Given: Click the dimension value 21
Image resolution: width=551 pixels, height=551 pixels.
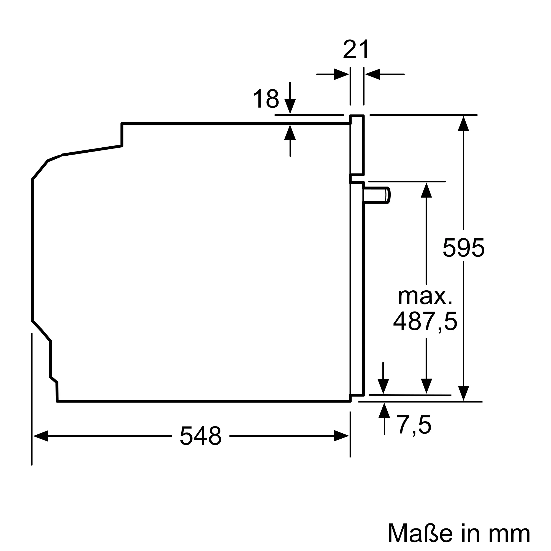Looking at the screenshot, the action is pos(356,49).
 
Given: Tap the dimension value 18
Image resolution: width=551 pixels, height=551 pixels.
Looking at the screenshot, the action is pos(266,98).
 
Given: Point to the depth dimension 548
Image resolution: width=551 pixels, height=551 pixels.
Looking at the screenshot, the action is pos(201,436).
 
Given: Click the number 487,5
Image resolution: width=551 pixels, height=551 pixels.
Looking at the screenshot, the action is pos(425,321).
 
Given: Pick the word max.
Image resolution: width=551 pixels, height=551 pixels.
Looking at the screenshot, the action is pos(425,297).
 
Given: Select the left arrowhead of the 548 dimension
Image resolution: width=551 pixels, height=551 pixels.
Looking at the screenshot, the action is pos(41,436).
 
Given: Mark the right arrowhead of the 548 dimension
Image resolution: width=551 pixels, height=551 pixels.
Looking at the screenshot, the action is pos(341,436).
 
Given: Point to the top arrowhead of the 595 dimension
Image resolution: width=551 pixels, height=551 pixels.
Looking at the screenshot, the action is pos(463,123).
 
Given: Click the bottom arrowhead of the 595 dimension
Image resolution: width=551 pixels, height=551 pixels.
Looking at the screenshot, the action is pos(463,393).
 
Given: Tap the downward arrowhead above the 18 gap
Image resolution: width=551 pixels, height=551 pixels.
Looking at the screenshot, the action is pos(290,106).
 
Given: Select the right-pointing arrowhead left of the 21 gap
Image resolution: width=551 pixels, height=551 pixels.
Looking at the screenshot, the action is pos(342,74).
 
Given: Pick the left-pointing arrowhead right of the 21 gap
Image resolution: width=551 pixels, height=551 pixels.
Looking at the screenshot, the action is pos(372,74).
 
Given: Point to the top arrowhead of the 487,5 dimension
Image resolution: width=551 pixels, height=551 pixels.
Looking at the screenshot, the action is pos(426,190).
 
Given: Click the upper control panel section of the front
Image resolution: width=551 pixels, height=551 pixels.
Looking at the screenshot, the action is pos(357,145).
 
